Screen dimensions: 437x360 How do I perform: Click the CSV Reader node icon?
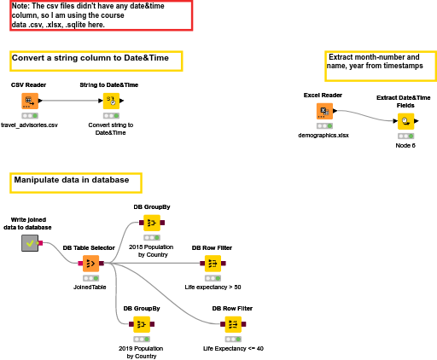point(30,101)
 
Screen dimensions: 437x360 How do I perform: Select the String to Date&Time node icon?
point(111,101)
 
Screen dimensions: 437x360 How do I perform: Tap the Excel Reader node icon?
point(324,111)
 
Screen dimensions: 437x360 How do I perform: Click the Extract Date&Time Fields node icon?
point(406,121)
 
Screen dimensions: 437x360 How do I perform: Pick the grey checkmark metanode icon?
point(30,243)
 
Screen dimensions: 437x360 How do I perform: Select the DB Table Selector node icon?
point(91,264)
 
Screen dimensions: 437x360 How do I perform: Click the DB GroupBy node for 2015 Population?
point(152,223)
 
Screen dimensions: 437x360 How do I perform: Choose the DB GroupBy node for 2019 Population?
point(142,324)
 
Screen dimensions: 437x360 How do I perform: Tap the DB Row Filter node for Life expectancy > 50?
point(213,264)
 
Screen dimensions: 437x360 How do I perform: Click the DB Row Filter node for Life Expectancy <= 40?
point(233,324)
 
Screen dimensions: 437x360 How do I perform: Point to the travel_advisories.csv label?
point(29,125)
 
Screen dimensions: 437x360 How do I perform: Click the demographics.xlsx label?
point(323,136)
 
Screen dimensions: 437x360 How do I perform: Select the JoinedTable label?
point(90,287)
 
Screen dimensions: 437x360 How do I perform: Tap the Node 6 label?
point(405,146)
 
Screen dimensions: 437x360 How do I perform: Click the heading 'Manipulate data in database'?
point(72,180)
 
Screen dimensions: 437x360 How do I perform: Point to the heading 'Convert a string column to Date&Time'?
point(90,58)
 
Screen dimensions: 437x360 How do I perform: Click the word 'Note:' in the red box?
point(20,6)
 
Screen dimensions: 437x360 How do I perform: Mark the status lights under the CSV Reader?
point(30,116)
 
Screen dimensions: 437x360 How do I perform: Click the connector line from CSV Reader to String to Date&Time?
point(70,101)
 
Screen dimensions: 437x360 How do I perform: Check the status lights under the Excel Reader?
point(324,125)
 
